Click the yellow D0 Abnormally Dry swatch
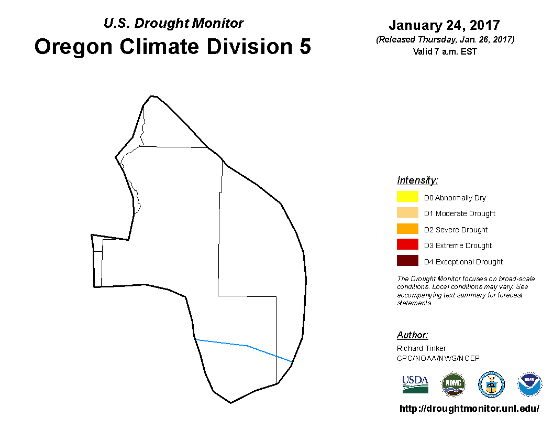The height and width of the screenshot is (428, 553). (407, 196)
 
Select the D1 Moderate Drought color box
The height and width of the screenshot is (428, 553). (407, 212)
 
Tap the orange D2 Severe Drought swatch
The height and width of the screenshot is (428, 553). (407, 229)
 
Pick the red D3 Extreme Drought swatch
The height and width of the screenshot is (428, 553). (407, 244)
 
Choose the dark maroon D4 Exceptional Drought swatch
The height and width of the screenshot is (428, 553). (407, 260)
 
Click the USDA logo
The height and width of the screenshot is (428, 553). (415, 384)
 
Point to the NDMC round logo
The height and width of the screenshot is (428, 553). (454, 384)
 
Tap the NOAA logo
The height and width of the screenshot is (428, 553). (529, 384)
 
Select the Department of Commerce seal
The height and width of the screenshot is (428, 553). (491, 384)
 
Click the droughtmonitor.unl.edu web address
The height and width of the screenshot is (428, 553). (469, 409)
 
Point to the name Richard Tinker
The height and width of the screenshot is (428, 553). (422, 348)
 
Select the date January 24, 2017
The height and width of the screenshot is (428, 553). (445, 25)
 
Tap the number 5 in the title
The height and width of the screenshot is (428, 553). (305, 46)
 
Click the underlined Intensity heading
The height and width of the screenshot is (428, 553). (417, 180)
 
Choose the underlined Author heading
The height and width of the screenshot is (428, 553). (412, 335)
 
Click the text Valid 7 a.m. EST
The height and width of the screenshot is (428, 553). (445, 51)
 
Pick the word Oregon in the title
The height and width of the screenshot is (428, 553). (73, 47)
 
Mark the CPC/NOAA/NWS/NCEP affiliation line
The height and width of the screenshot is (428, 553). (438, 358)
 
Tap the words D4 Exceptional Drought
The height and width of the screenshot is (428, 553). (463, 262)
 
